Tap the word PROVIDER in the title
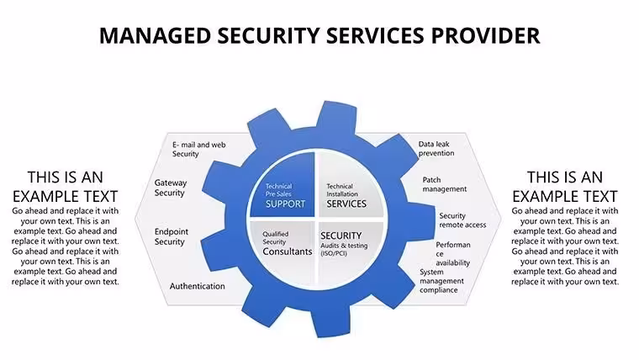(485, 35)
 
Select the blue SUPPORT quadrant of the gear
(282, 184)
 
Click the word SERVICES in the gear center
(346, 204)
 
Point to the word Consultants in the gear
(288, 251)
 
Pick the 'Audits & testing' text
(344, 246)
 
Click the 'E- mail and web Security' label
(199, 149)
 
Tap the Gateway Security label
(171, 188)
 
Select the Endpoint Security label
(172, 236)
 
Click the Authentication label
(198, 286)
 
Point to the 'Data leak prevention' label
(436, 149)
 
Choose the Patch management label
(445, 184)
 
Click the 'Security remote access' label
(462, 220)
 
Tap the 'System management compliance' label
(441, 281)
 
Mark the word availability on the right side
(452, 263)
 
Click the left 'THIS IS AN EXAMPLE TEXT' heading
(66, 187)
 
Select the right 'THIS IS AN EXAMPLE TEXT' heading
(565, 187)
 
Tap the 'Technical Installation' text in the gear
(342, 190)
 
